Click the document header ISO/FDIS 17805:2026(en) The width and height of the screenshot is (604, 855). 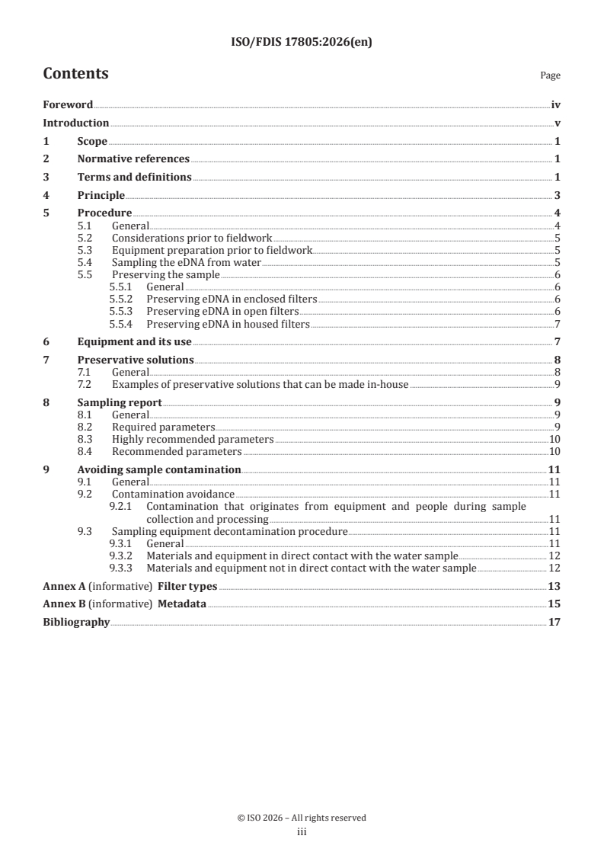[x=302, y=43]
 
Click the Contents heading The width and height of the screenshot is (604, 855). [x=75, y=74]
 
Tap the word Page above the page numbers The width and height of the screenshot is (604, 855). [x=550, y=76]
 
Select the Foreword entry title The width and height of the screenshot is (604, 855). [x=68, y=105]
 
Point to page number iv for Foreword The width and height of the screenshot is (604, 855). [x=556, y=105]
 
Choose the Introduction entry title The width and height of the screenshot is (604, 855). [x=75, y=123]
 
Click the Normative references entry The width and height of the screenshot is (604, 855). [x=133, y=159]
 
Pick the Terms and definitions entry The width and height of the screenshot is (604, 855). [x=134, y=178]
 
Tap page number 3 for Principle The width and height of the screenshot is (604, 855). [x=558, y=196]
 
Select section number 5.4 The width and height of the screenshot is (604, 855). [x=86, y=262]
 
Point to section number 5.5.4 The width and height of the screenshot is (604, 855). [x=122, y=324]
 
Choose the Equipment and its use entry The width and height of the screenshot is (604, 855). [x=134, y=341]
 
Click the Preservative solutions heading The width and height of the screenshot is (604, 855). [x=136, y=360]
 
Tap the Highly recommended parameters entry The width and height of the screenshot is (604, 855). [x=192, y=440]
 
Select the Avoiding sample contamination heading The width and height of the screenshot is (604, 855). [x=159, y=470]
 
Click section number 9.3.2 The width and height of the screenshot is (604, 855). [x=122, y=556]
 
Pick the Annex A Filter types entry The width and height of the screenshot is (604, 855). [x=129, y=586]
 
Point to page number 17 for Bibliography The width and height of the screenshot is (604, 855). [x=554, y=623]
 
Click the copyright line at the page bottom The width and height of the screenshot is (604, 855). [x=302, y=818]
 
